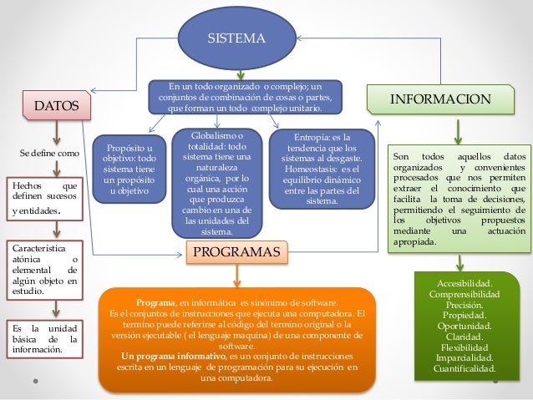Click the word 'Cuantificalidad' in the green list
click(x=465, y=367)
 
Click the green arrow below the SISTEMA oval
click(x=241, y=73)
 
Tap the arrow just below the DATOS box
click(x=56, y=132)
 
